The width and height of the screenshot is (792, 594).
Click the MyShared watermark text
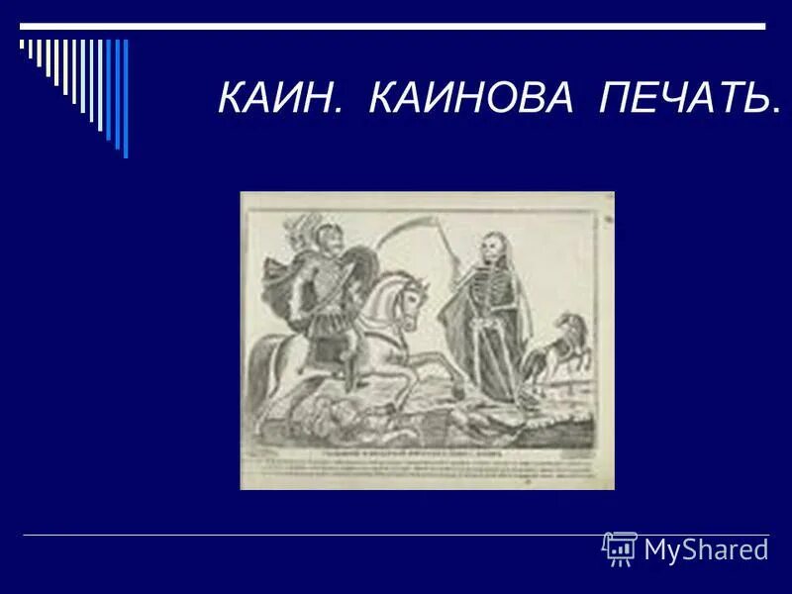[x=706, y=549]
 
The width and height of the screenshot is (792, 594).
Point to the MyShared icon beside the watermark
[x=620, y=547]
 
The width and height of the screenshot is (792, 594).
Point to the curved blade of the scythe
[x=406, y=229]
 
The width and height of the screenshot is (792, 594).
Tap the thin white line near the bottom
[x=396, y=535]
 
